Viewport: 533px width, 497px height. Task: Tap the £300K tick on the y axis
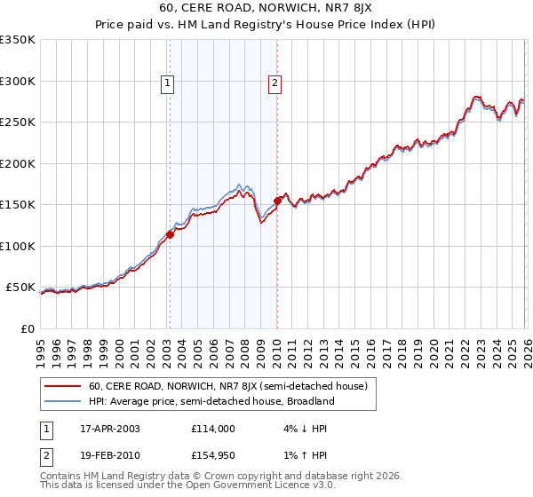18,81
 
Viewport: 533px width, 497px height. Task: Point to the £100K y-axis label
18,246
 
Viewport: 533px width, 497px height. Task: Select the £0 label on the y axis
27,328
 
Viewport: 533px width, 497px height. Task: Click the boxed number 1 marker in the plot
168,83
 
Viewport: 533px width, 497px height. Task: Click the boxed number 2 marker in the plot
275,83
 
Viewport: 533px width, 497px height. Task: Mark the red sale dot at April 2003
170,234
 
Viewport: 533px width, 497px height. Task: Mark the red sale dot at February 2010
277,201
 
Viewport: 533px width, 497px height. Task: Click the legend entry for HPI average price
211,401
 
